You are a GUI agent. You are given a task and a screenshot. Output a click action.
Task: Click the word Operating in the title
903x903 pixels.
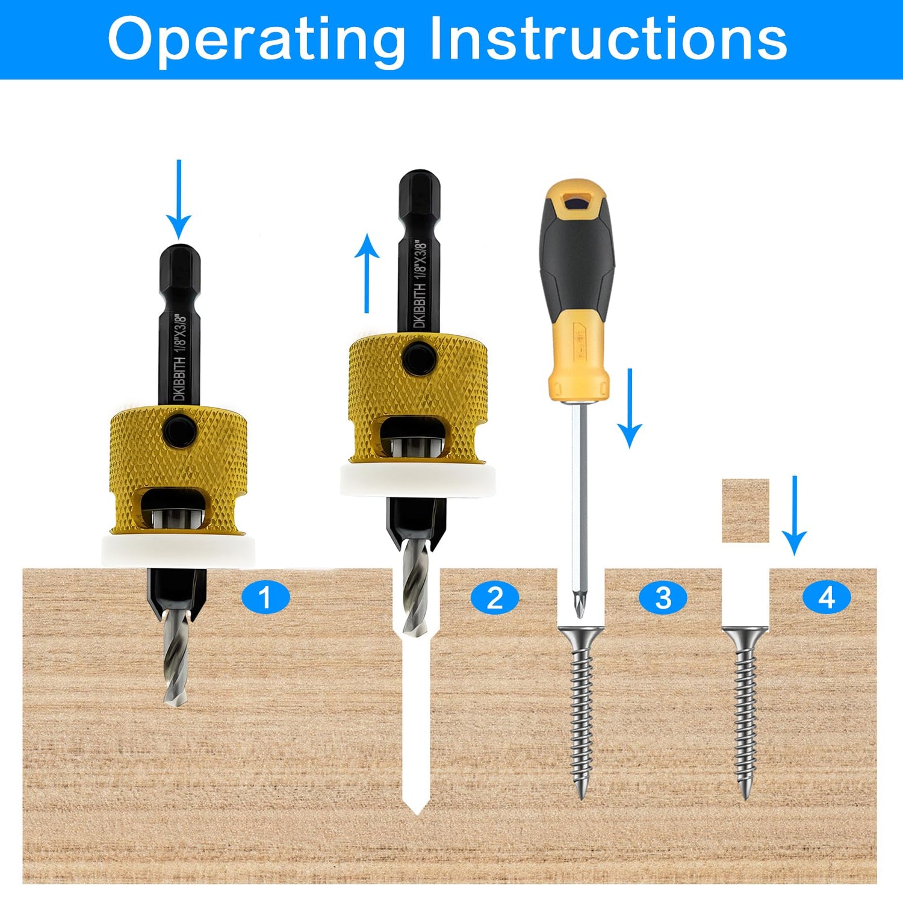[256, 40]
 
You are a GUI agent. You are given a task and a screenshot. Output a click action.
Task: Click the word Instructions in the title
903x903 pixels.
[608, 40]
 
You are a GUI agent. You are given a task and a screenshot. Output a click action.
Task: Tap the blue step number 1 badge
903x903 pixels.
[265, 598]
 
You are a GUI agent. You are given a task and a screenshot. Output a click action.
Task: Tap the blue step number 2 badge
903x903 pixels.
[494, 598]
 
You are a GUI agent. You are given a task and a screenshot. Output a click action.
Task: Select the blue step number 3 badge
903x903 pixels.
[663, 598]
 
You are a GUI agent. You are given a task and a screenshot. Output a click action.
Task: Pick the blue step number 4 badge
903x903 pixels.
[827, 598]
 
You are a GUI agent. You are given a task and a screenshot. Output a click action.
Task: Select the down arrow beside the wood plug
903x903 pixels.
[795, 515]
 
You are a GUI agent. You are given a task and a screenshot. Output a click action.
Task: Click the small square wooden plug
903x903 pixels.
[745, 510]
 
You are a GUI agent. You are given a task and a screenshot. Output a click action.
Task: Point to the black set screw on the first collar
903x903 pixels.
[179, 429]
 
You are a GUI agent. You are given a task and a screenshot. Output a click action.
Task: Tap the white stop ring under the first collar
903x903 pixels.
[178, 551]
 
